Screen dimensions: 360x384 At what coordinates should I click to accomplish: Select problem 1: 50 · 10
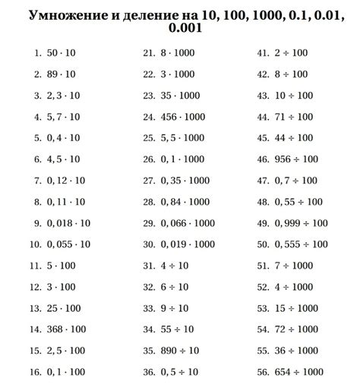[x=61, y=53]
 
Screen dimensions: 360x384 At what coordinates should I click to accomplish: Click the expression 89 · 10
[x=61, y=74]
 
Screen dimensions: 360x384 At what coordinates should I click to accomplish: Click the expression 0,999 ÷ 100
[x=302, y=223]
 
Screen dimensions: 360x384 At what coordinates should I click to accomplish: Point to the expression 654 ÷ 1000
[x=299, y=372]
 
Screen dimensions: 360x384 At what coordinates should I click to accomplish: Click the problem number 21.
[x=149, y=53]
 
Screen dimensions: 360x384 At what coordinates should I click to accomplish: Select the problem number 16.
[x=35, y=372]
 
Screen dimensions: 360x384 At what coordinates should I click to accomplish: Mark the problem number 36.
[x=149, y=372]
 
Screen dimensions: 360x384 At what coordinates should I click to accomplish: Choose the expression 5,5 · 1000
[x=182, y=138]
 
